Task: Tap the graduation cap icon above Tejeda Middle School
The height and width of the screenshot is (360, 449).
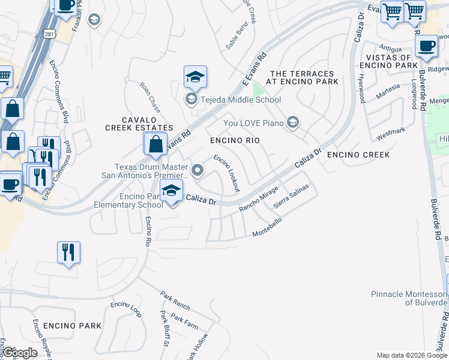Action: pyautogui.click(x=195, y=77)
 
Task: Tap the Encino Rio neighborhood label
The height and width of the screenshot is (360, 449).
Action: pyautogui.click(x=235, y=140)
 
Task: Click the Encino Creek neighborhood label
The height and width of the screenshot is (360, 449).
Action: pyautogui.click(x=358, y=155)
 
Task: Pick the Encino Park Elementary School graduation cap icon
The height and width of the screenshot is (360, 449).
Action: pyautogui.click(x=172, y=190)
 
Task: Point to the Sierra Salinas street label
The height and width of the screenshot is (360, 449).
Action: pyautogui.click(x=291, y=196)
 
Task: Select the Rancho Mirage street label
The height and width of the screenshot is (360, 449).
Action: pyautogui.click(x=259, y=199)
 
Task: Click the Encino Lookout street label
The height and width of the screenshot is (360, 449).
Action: pyautogui.click(x=227, y=173)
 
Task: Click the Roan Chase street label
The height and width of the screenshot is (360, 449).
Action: pyautogui.click(x=150, y=94)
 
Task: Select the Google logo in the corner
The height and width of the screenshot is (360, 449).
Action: pyautogui.click(x=20, y=353)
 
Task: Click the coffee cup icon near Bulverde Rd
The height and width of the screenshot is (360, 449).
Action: pyautogui.click(x=426, y=46)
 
